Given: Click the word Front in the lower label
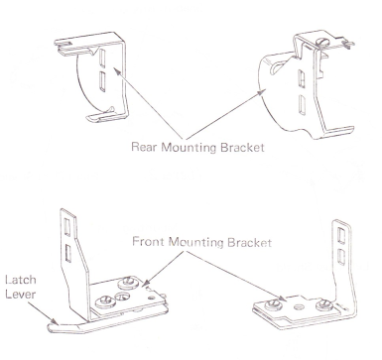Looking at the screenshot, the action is tap(148, 242).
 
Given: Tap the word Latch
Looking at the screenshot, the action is tap(21, 280).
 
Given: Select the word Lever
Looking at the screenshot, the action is tap(21, 295).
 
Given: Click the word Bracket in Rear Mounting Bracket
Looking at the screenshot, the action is tap(242, 147).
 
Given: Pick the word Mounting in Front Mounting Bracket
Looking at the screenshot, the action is tap(196, 242).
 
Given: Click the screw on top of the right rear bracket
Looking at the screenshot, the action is tap(322, 42).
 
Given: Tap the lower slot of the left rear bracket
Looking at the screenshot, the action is tap(102, 81).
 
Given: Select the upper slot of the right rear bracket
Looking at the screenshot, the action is tap(302, 78).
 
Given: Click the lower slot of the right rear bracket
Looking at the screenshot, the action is tap(302, 104).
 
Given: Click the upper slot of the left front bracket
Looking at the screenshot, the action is tap(67, 227).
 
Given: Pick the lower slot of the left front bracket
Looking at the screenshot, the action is tap(68, 253).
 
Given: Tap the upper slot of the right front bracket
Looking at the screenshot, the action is tap(341, 235).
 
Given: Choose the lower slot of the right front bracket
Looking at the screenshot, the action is tap(341, 257).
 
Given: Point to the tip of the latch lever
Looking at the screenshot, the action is tap(49, 327).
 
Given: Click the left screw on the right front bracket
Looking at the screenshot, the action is tap(273, 304).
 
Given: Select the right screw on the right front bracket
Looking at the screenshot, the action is tap(323, 304).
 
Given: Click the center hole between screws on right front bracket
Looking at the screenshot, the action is tap(299, 306).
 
